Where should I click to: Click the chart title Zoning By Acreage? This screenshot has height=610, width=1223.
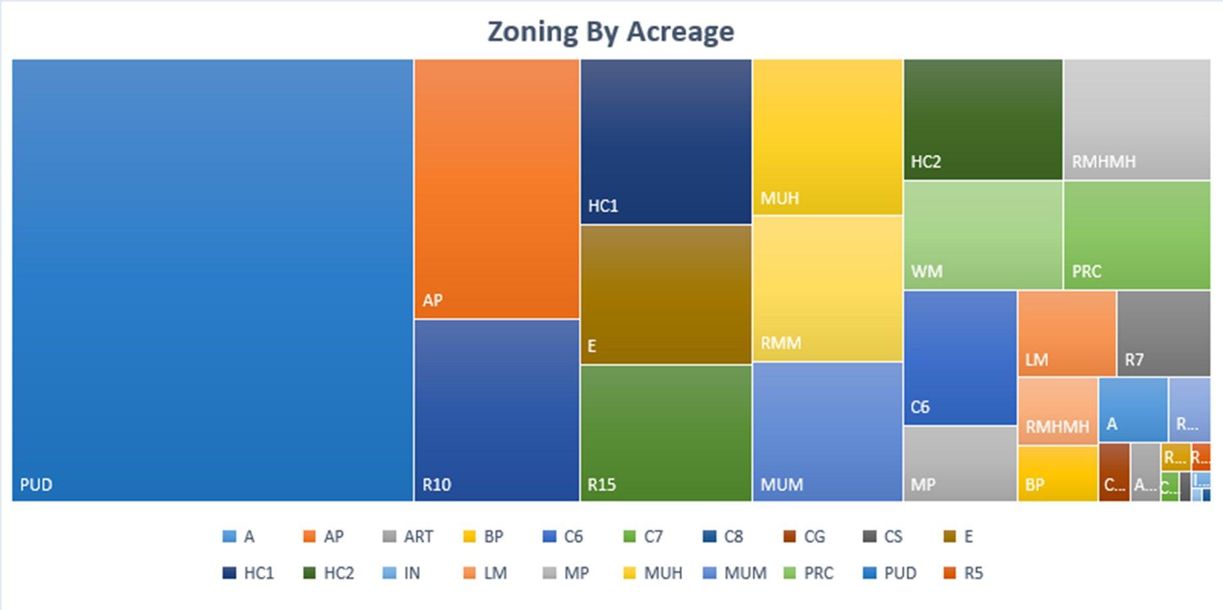pos(611,31)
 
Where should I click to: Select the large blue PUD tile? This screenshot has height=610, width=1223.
pos(212,279)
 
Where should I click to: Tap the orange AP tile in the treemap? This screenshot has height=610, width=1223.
pos(496,188)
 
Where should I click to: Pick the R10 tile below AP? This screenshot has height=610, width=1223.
pos(496,410)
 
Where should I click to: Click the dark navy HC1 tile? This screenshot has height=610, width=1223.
pos(665,141)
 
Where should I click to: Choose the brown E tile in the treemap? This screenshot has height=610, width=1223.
pos(665,294)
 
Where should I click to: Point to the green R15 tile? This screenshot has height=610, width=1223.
pos(665,432)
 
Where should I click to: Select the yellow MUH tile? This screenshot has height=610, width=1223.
pos(827,136)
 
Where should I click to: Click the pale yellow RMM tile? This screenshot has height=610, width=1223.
pos(827,289)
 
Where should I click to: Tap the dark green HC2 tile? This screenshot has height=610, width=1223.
pos(983,119)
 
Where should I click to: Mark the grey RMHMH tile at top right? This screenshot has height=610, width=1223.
pos(1136,119)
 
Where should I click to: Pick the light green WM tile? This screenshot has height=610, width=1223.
pos(983,235)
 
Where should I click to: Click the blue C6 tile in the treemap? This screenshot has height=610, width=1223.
pos(960,357)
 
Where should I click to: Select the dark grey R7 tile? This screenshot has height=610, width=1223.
pos(1163,333)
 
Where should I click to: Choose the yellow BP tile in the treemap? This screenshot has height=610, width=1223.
pos(1057,473)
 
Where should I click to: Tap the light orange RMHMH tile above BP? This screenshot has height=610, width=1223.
pos(1057,410)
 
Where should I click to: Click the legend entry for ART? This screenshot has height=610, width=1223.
pos(409,536)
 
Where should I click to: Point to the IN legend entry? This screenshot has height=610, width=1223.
pos(403,573)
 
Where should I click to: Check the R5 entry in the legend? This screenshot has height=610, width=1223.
pos(964,573)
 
